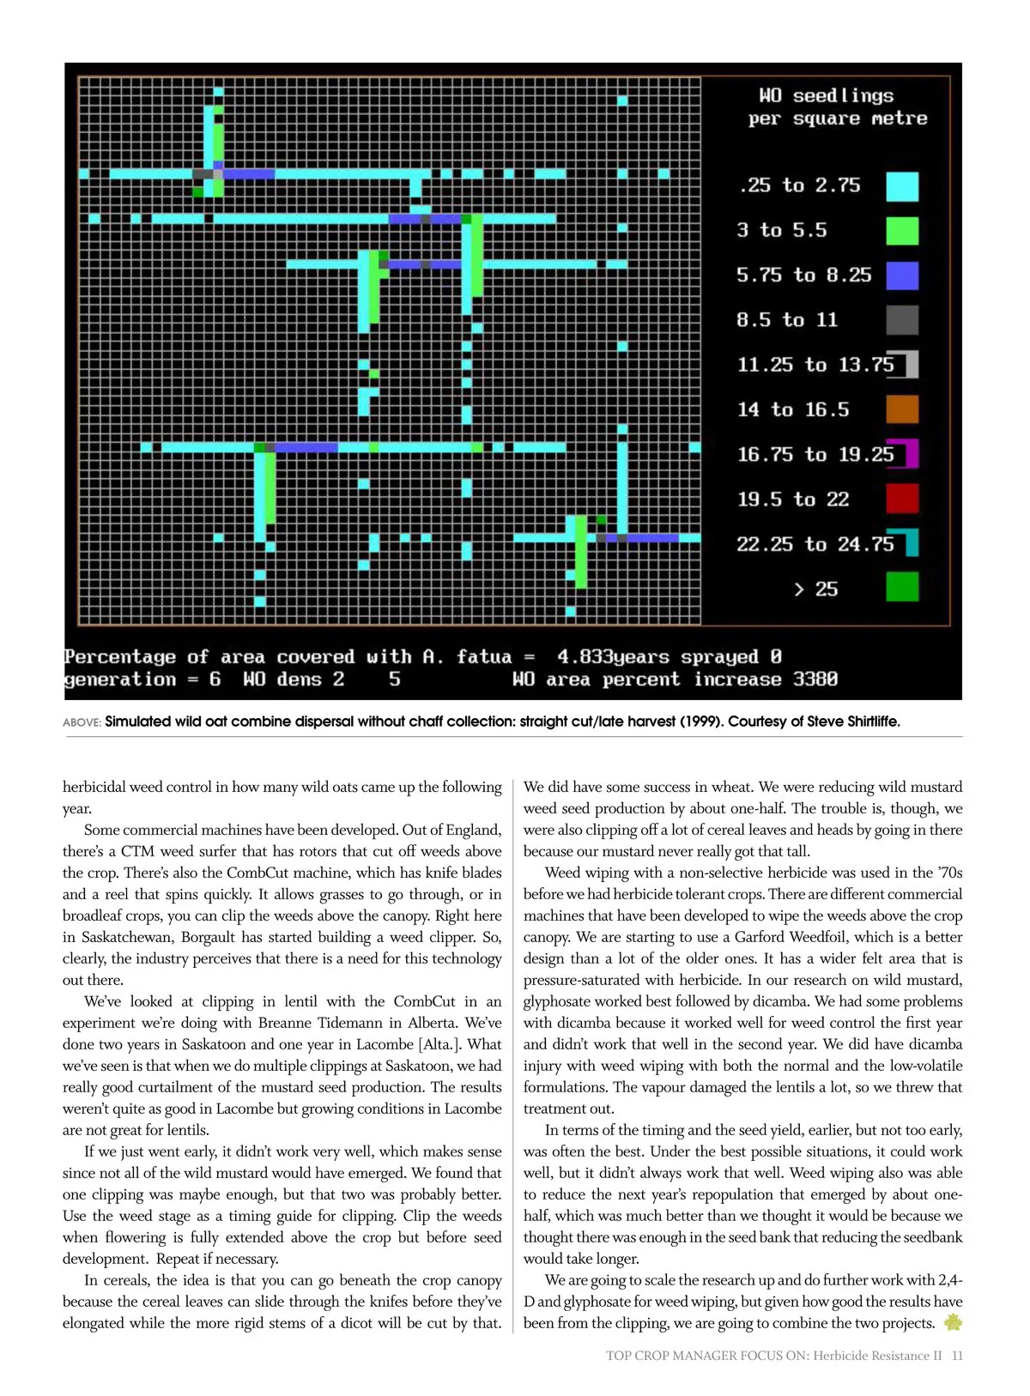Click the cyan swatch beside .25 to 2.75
coord(901,186)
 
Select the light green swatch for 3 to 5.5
coord(901,231)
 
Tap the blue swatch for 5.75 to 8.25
coord(901,275)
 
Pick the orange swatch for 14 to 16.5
coord(901,409)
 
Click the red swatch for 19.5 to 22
coord(901,499)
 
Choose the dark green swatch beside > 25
coord(901,588)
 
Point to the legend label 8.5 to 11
coord(786,320)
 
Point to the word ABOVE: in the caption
coord(82,722)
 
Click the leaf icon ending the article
coord(953,1323)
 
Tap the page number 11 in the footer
coord(957,1356)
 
